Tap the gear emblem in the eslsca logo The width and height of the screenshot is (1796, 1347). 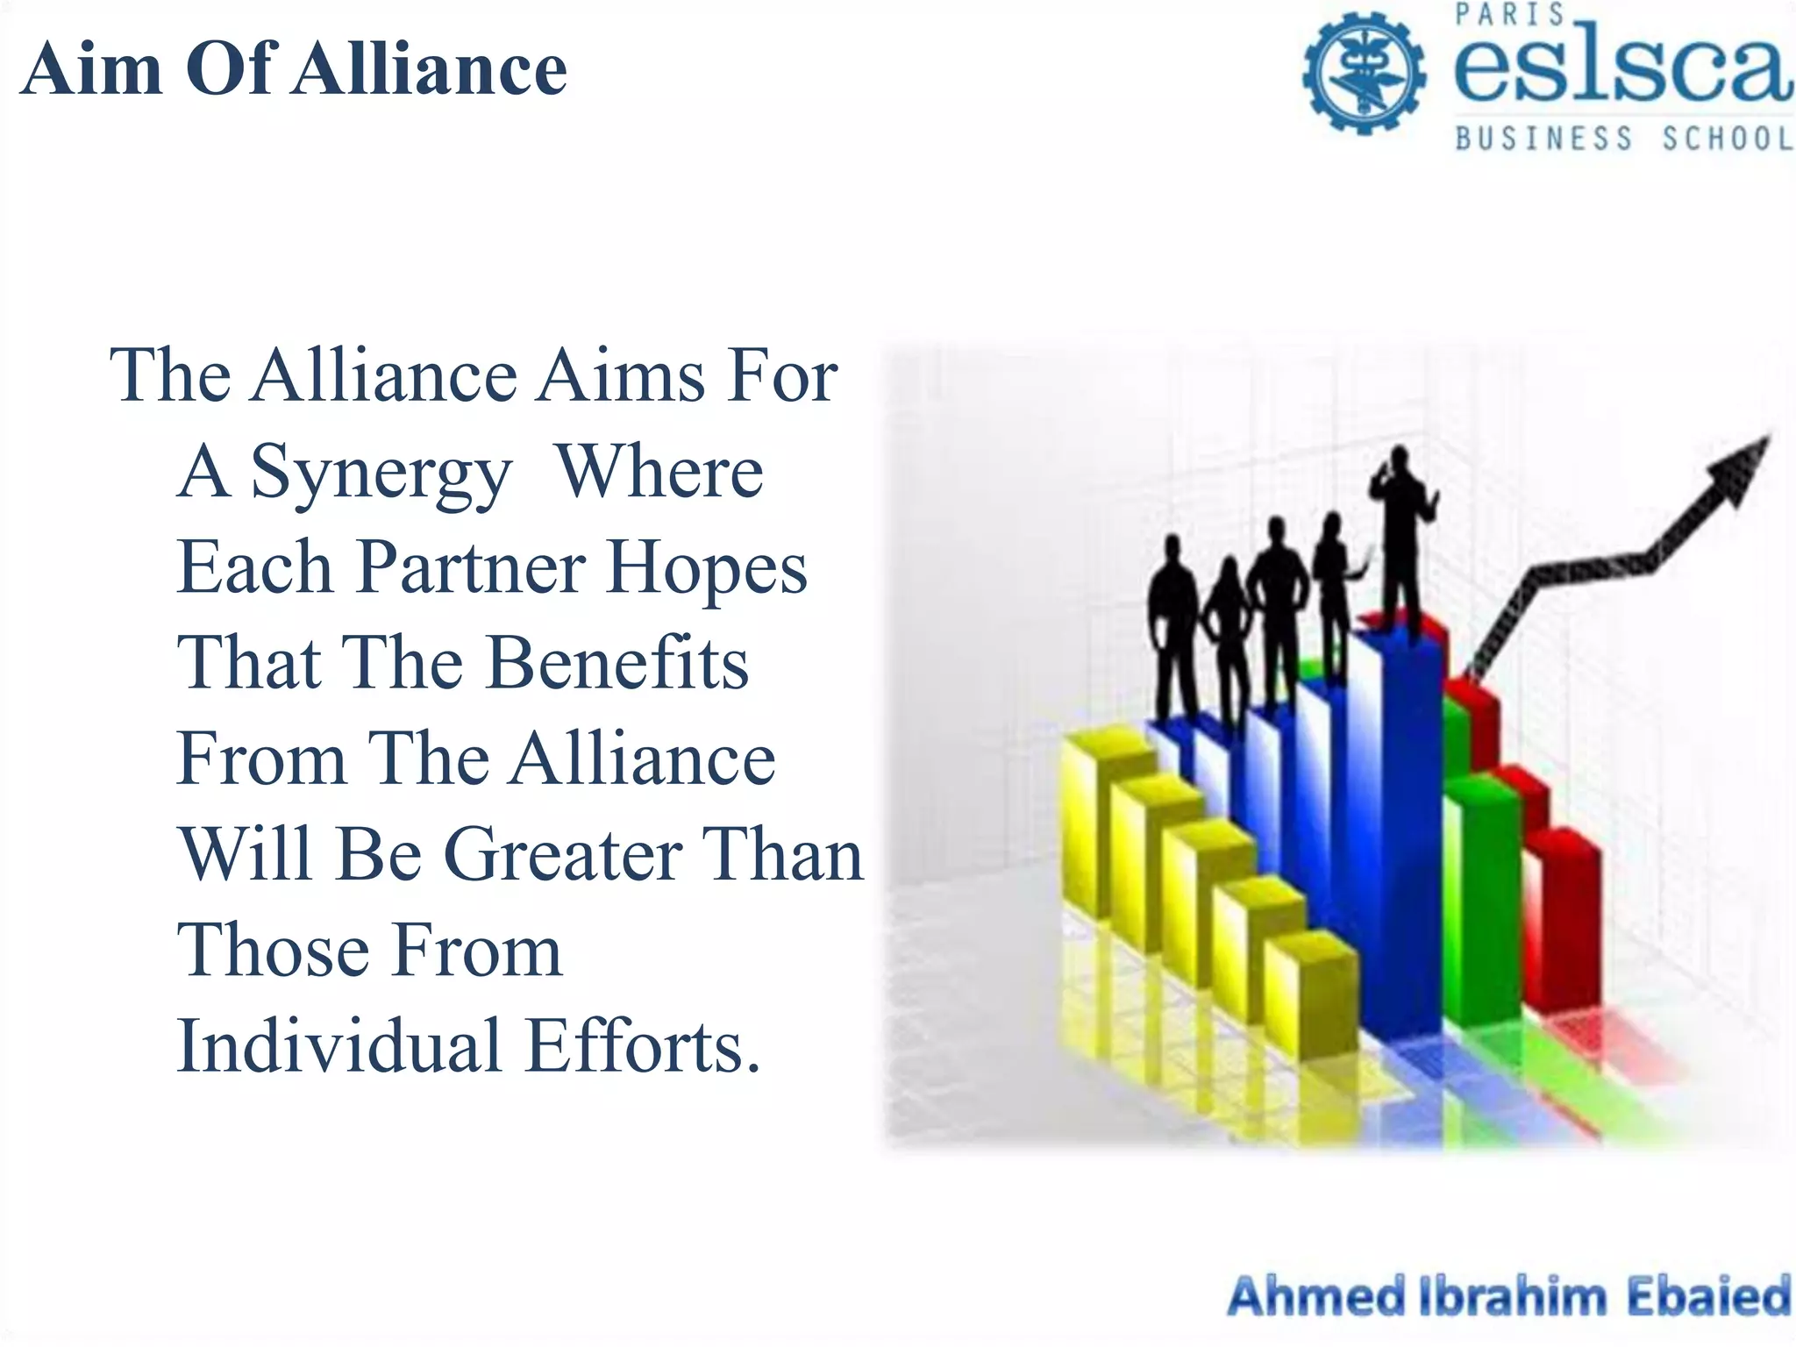1363,72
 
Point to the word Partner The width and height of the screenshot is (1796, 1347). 471,567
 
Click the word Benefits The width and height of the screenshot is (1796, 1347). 617,663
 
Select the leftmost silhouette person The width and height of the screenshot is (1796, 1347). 1173,623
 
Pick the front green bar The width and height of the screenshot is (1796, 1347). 1482,903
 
